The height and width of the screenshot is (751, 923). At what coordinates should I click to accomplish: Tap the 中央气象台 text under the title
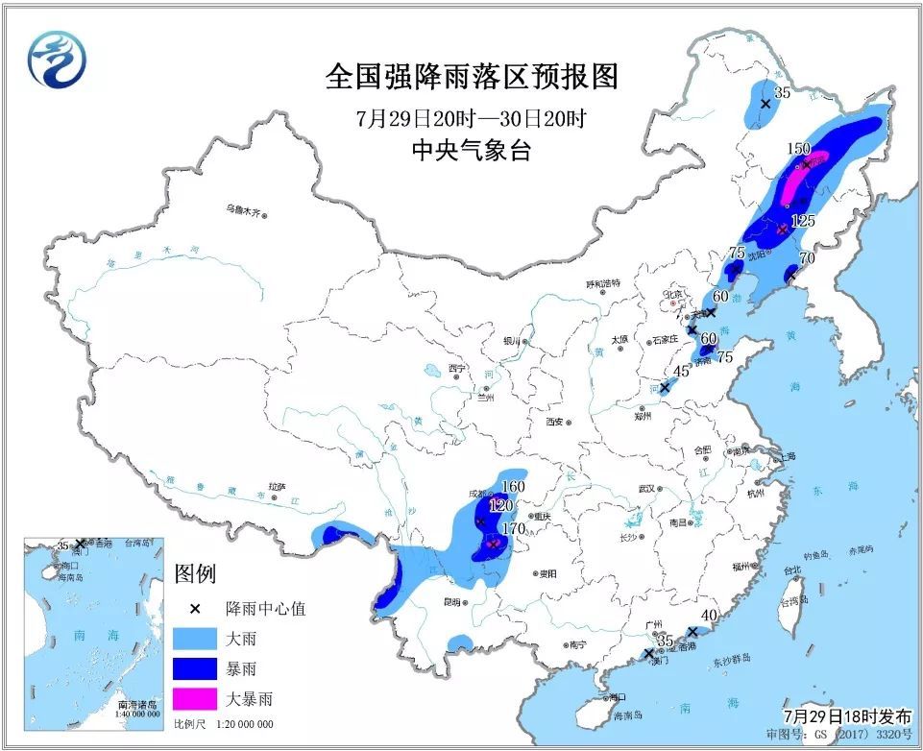471,150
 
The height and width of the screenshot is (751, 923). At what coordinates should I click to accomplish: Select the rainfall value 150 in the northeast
799,149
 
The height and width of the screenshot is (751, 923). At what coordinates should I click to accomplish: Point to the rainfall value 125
803,221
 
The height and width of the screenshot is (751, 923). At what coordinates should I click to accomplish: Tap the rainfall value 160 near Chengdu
515,486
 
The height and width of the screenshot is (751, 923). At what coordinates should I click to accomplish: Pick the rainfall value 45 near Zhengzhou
681,372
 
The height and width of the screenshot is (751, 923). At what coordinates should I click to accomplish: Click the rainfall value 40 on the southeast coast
710,616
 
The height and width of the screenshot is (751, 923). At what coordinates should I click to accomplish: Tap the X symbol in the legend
194,609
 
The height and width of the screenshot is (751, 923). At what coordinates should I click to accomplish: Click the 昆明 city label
450,602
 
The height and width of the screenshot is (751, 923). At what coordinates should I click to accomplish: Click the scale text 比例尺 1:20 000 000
223,723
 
